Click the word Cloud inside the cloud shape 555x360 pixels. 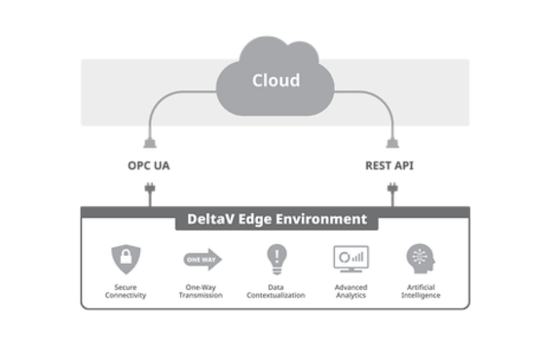[276, 80]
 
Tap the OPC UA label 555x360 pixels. [148, 165]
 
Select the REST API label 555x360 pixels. [389, 165]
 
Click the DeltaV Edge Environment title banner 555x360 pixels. [277, 219]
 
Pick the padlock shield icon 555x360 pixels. [125, 258]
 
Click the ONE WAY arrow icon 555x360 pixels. [202, 259]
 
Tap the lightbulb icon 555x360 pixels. [276, 258]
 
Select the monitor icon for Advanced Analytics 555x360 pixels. [351, 258]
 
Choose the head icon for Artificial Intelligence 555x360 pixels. [421, 258]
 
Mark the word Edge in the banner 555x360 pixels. [256, 219]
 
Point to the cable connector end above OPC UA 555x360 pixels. [148, 139]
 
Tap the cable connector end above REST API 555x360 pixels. [391, 139]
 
